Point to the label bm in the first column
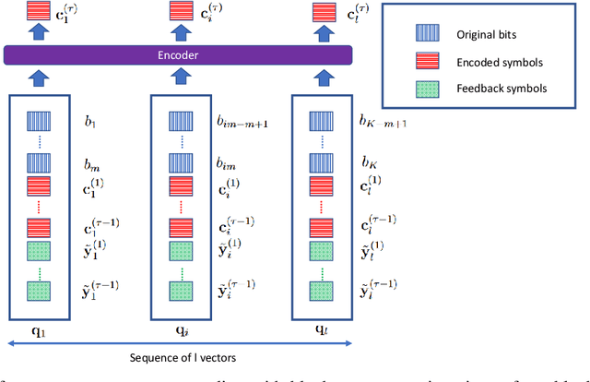[91, 162]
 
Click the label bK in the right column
[371, 162]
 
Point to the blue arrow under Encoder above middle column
[181, 78]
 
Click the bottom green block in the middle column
[181, 289]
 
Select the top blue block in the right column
[322, 121]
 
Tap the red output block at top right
[322, 12]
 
